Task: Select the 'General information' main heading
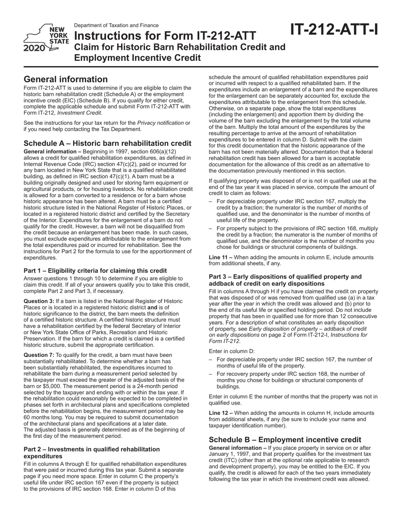[66, 79]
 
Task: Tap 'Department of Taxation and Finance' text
[116, 25]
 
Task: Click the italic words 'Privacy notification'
[158, 123]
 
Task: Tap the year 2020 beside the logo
[33, 49]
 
